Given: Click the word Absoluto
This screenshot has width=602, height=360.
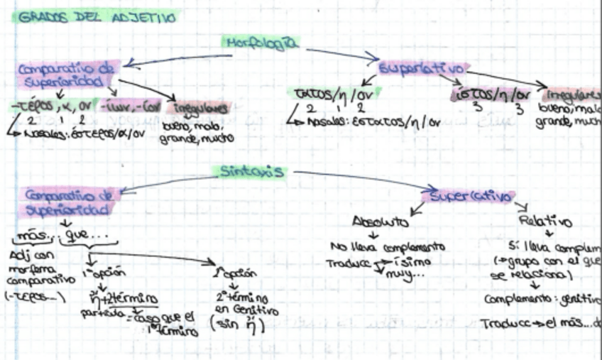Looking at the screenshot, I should pyautogui.click(x=381, y=222).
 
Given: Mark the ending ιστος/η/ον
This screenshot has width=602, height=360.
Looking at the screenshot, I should pyautogui.click(x=493, y=94).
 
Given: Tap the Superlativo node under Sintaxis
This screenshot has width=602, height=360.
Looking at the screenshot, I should pyautogui.click(x=473, y=195).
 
